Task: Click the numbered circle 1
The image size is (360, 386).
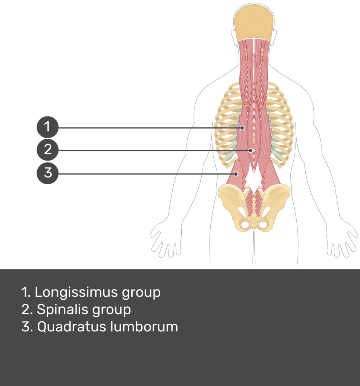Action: [x=47, y=127]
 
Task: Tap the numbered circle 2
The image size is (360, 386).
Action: [x=47, y=150]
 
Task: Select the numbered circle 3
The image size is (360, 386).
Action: [x=47, y=173]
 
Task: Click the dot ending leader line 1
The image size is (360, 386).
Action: [x=242, y=128]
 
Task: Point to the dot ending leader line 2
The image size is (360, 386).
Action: [x=250, y=150]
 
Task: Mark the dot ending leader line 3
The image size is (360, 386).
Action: [x=236, y=174]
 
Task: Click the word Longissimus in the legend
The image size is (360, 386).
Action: [x=76, y=293]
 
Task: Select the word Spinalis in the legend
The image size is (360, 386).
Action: [x=63, y=310]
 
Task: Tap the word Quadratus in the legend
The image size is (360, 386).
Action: [x=72, y=327]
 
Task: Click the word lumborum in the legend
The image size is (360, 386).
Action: [x=144, y=327]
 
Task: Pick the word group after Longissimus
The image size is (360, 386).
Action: [x=141, y=293]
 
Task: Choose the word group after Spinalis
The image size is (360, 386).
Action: [x=112, y=311]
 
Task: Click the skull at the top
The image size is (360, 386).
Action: [x=254, y=22]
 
